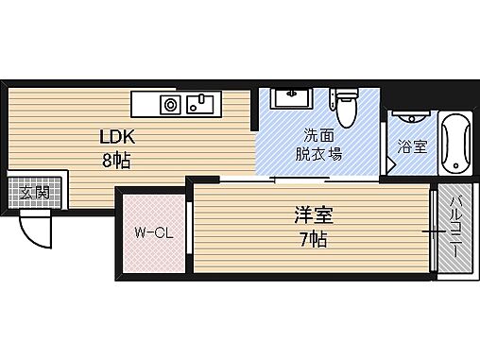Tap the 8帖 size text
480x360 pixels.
(x=116, y=160)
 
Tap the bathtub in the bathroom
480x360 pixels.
(x=454, y=143)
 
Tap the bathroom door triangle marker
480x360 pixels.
(x=390, y=163)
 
